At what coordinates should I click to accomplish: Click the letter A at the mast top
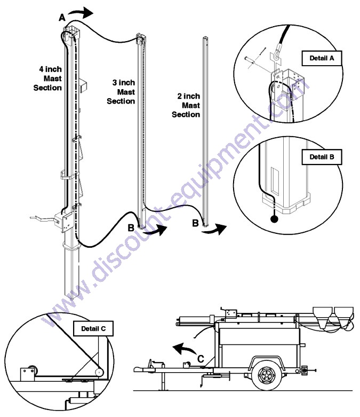[62, 18]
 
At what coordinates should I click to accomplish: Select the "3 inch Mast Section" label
[121, 92]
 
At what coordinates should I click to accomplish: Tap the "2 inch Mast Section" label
[187, 105]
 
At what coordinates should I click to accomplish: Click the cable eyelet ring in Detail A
[274, 53]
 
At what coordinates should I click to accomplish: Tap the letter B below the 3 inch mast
[131, 228]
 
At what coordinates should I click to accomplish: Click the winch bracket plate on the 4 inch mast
[65, 219]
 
